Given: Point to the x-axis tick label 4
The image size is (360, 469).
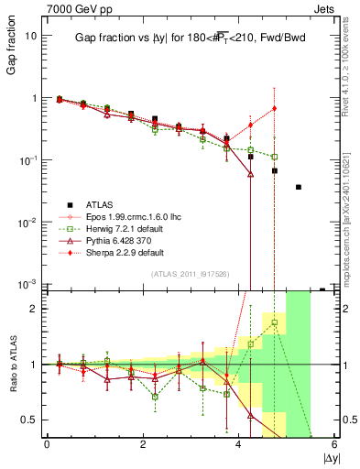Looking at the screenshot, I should click(x=239, y=445).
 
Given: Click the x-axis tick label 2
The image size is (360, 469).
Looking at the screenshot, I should click(x=143, y=445).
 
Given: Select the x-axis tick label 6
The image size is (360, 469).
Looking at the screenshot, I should click(x=334, y=445).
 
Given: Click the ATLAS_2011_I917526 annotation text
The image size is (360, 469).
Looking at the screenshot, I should click(x=191, y=273).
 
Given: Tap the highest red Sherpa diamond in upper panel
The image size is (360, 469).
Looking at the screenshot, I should click(x=274, y=108).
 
